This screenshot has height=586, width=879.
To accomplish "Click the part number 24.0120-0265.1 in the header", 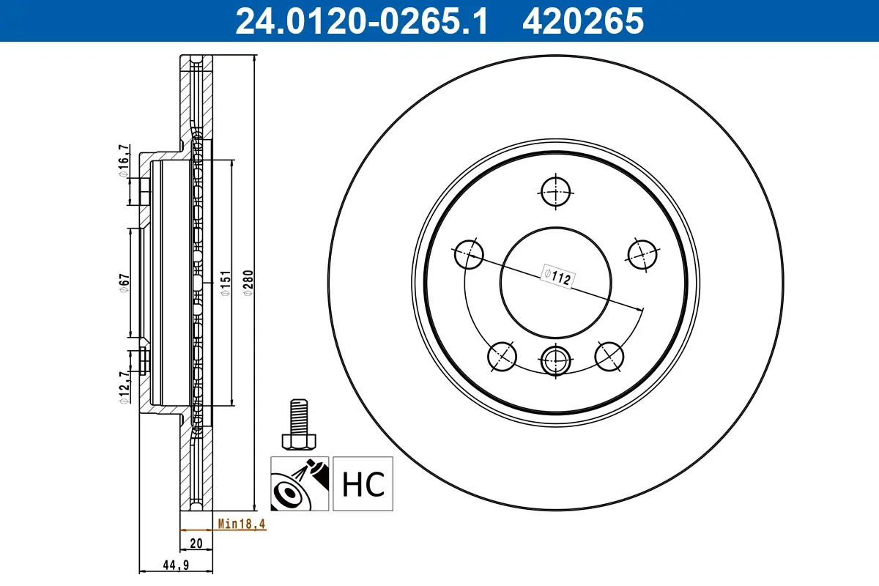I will coord(360,21).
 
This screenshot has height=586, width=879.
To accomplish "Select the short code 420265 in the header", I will coord(582,21).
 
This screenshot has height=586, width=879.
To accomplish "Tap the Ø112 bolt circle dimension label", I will coord(556,276).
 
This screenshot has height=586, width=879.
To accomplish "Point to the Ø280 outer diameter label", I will coord(248,282).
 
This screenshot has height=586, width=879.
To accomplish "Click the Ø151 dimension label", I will coord(226,282).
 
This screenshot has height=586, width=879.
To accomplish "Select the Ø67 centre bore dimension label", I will coord(125,283).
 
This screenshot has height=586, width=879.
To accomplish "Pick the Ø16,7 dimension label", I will coord(125,160).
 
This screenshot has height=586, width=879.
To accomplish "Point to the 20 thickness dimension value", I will coord(196,544).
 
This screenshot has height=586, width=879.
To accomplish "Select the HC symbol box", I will coord(363,483).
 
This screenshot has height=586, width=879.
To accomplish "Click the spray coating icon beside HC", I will coord(300,483).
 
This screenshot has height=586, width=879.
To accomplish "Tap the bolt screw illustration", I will coord(297,425).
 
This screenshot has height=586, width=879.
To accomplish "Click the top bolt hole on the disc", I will coord(556,193).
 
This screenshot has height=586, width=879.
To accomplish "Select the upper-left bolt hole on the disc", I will coord(469,255).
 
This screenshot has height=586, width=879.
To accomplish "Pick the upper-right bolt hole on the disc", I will coord(642,254).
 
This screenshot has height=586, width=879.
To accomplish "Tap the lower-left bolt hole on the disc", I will coord(502,357).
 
